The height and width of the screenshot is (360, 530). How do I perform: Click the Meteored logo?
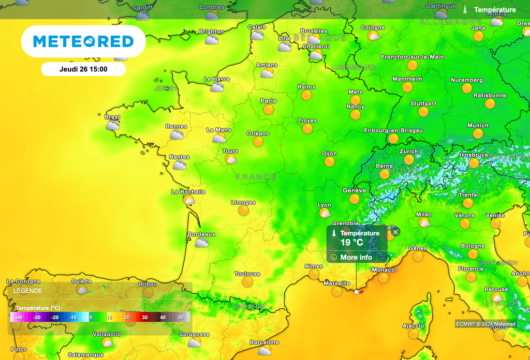tap(83, 41)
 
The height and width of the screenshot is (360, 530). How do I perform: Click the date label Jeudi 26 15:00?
tap(83, 69)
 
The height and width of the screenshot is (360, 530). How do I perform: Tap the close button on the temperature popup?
tap(395, 232)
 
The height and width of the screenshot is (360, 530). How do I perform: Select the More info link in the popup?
tap(356, 257)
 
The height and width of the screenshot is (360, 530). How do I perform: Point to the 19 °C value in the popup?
tap(352, 242)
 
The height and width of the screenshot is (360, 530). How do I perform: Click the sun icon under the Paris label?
tap(268, 110)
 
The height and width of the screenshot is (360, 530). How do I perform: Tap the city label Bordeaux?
tap(201, 234)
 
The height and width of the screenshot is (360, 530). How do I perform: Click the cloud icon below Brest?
tap(112, 125)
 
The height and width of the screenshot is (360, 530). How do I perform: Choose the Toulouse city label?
tap(247, 274)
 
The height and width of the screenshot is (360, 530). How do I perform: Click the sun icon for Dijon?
tap(329, 162)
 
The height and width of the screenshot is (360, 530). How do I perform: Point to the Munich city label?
tap(478, 125)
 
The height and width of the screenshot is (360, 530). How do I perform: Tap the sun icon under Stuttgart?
tap(423, 112)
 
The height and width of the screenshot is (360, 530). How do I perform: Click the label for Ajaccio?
tap(414, 326)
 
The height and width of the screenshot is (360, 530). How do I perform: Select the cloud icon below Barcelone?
tap(264, 351)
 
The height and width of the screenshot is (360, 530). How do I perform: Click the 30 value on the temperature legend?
tap(145, 317)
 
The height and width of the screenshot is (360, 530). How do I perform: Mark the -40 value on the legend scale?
tap(19, 317)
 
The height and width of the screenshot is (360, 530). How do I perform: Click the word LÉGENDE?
tap(28, 291)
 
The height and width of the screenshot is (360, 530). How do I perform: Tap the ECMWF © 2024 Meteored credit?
tap(485, 324)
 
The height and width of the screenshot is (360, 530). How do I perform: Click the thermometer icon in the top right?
tap(465, 10)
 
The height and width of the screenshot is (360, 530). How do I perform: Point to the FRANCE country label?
tap(256, 177)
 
